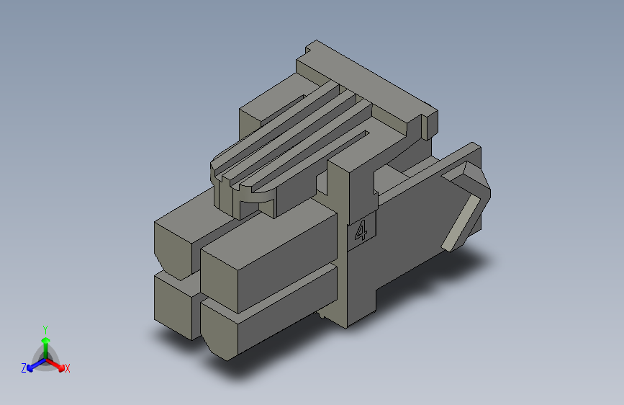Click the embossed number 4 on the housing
coord(361,231)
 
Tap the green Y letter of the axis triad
coord(45,329)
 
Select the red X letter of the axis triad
coord(67,369)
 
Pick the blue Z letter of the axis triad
coord(24,368)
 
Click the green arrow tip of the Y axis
coord(46,341)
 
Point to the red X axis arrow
coord(55,365)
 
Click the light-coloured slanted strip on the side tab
coord(461,223)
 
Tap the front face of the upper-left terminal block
coord(173,248)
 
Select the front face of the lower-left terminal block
coord(173,305)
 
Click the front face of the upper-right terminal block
coord(220,280)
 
